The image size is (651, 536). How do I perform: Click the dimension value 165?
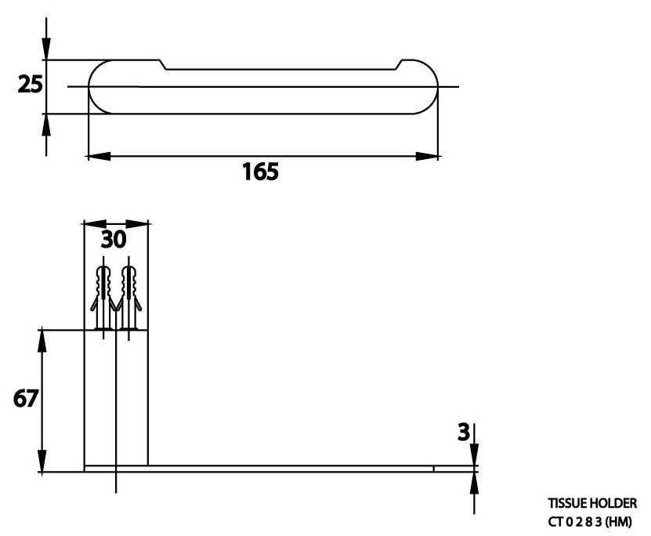point(259,172)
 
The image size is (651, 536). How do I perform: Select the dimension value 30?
point(115,240)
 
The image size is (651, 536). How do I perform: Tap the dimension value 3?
point(463,431)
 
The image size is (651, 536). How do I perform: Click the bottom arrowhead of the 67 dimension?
point(43,463)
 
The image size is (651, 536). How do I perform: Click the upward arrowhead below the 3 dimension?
point(474,482)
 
